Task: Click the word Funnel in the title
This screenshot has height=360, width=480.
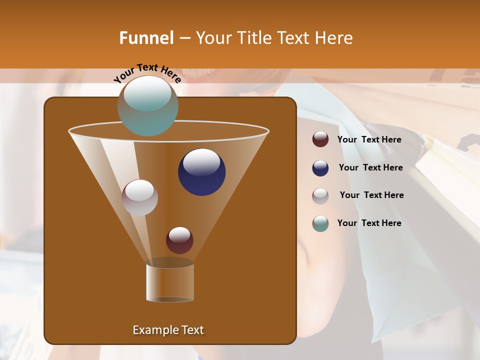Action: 146,38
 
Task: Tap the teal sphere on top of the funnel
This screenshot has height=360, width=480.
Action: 147,106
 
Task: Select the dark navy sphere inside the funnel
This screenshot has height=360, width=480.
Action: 201,172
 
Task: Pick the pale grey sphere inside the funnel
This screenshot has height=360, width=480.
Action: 139,197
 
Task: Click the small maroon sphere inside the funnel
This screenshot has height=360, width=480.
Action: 179,240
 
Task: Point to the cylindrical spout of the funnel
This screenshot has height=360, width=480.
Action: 170,282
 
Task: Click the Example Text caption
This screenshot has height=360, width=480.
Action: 168,330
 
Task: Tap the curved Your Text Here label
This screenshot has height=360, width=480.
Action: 147,73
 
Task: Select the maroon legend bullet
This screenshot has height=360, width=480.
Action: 320,139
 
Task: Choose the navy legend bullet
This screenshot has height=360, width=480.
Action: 320,168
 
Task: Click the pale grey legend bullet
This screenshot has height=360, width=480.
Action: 320,196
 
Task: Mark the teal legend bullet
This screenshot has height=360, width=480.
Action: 320,223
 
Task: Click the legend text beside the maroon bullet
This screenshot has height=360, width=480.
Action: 369,140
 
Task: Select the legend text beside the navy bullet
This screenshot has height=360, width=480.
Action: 370,168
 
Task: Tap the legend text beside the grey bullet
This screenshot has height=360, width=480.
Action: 371,195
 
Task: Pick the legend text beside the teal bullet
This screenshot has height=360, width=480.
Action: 369,223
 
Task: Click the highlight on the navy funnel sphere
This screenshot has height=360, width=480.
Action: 201,162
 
